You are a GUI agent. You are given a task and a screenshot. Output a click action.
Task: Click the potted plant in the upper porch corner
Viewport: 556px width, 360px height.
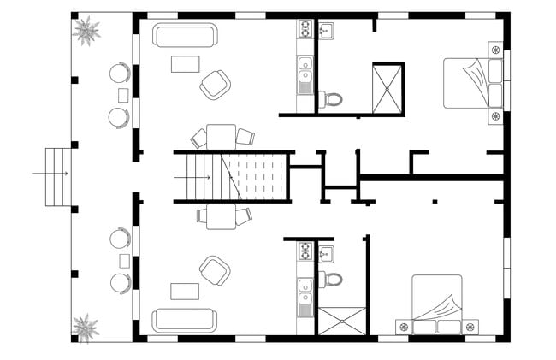click(86, 32)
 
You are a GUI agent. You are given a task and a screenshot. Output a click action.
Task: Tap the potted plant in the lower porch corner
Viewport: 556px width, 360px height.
click(85, 327)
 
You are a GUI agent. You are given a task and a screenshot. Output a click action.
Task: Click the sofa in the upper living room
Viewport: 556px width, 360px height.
click(185, 35)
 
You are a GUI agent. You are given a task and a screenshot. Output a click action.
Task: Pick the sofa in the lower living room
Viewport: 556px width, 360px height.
click(185, 320)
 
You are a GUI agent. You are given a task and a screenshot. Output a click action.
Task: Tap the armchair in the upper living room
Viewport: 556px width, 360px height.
click(215, 84)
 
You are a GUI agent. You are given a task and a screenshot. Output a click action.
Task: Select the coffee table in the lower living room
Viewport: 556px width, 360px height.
click(185, 292)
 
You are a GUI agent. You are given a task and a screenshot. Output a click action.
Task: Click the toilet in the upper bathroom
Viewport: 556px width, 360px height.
click(330, 99)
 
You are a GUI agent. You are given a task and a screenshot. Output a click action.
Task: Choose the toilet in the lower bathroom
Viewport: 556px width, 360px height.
click(330, 279)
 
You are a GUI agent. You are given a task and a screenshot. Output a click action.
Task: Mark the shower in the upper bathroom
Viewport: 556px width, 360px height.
click(387, 87)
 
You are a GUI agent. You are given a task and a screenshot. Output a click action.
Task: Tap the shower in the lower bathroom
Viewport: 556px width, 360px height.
click(342, 321)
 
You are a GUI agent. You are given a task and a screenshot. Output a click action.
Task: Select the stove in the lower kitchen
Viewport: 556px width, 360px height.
click(305, 251)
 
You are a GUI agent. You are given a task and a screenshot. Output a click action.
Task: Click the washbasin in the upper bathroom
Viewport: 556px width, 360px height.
click(326, 32)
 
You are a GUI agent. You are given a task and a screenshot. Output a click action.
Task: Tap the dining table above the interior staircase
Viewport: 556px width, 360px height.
click(222, 137)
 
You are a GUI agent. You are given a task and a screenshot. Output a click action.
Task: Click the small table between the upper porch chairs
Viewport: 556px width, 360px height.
click(123, 94)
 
